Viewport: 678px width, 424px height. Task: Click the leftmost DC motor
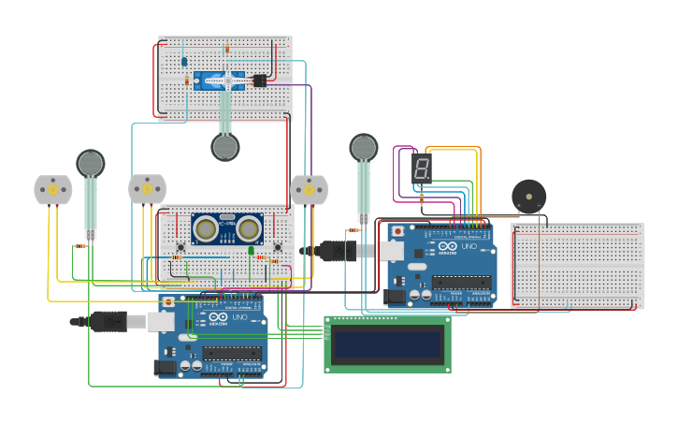[52, 189]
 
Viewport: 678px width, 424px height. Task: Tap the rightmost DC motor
[309, 189]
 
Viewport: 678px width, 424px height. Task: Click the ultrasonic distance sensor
[226, 228]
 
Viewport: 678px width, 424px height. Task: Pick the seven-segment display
[422, 168]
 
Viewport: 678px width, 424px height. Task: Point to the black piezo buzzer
[528, 197]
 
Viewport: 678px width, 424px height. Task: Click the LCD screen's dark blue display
[387, 344]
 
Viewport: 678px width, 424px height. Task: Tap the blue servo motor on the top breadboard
[219, 81]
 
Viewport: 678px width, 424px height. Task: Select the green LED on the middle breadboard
[251, 250]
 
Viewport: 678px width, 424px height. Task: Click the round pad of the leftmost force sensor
[91, 164]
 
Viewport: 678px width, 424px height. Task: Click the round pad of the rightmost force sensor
[364, 147]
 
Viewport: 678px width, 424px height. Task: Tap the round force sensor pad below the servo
[224, 147]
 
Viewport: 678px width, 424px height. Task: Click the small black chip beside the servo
[260, 81]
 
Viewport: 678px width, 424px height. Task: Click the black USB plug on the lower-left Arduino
[109, 321]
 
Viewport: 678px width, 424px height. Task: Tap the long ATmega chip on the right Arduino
[461, 282]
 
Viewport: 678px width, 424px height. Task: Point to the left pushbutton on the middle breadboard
[180, 248]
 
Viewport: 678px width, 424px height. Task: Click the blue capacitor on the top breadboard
[184, 62]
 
